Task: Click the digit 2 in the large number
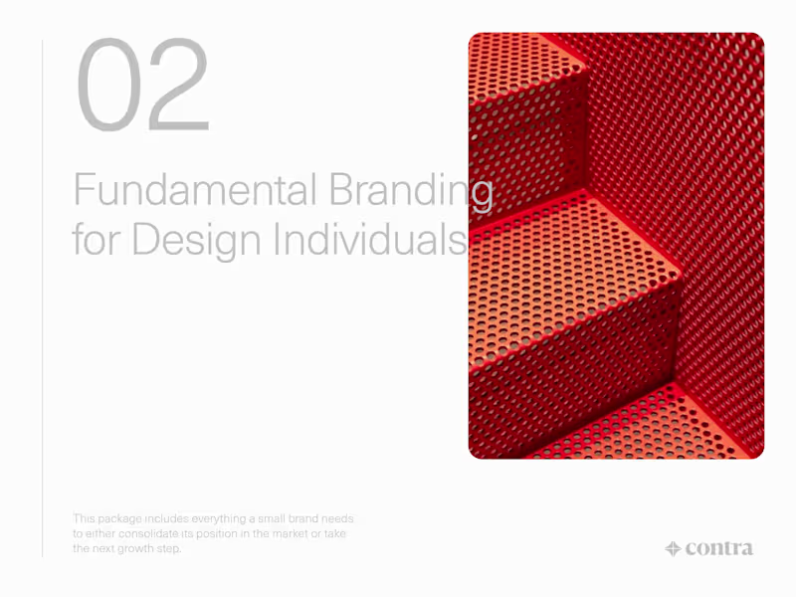coord(177,87)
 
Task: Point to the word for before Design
coord(96,241)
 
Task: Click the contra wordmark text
coord(719,548)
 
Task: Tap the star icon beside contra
coord(673,548)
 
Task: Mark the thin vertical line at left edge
coord(42,298)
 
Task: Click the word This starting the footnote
coord(84,519)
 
